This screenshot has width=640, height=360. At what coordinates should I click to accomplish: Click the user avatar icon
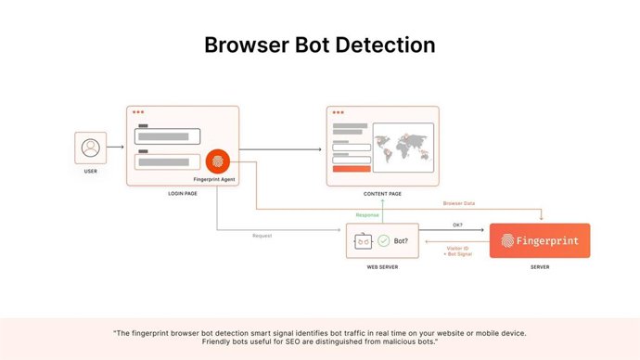(90, 148)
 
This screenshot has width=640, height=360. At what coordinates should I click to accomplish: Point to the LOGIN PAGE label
(182, 194)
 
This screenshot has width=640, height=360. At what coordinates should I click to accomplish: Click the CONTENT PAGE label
(382, 194)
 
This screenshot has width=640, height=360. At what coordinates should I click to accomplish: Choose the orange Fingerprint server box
(539, 240)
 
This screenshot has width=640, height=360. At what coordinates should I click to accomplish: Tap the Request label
(262, 235)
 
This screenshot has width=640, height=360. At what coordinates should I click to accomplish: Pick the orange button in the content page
(352, 170)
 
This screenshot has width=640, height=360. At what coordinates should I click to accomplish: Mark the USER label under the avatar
(90, 171)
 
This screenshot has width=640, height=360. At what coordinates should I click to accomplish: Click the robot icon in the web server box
(363, 241)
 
